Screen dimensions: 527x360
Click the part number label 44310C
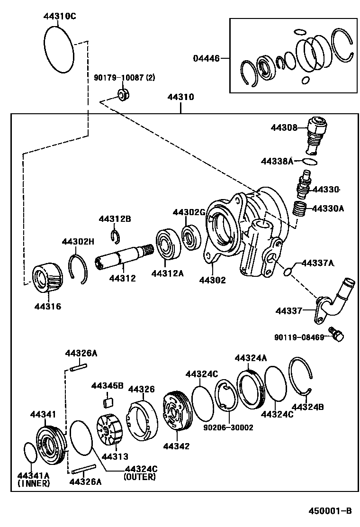coord(60,16)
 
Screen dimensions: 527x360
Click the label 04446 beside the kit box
coord(206,59)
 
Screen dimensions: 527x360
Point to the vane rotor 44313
coord(109,429)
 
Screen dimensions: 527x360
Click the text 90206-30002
coord(229,427)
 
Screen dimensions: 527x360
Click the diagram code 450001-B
coord(331,510)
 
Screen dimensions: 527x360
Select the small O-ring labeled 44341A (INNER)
coord(30,452)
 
